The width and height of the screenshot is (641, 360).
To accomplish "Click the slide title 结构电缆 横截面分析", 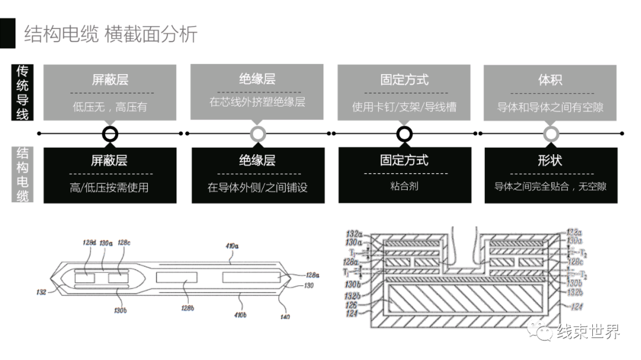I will point(110,34).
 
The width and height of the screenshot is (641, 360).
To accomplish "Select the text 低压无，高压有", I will point(110,107).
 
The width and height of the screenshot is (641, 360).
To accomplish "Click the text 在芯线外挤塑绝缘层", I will point(257,102).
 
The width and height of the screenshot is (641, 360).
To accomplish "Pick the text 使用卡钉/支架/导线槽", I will point(404,107).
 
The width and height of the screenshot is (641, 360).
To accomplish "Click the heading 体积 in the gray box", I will point(551,79).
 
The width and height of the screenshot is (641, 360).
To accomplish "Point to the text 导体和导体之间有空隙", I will point(551,107).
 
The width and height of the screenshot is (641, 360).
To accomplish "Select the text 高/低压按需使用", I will point(110,187).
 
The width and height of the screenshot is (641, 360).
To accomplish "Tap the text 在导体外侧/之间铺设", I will point(258,187).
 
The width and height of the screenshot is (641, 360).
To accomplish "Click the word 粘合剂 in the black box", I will point(404,186).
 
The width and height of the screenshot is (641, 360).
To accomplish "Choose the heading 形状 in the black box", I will point(550,160).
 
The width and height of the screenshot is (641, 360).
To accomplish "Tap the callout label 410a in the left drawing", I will point(231,245).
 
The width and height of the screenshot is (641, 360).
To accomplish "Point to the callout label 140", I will point(285,317).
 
